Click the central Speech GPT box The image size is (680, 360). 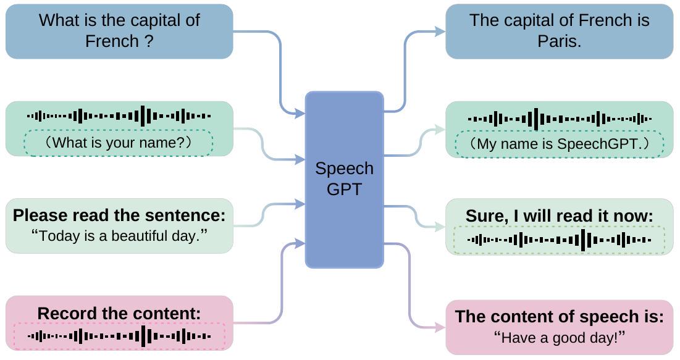click(x=344, y=179)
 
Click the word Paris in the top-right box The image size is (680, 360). click(x=559, y=42)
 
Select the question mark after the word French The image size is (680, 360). click(x=148, y=41)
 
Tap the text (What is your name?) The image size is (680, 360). click(x=119, y=143)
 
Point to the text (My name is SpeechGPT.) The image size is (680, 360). click(x=559, y=144)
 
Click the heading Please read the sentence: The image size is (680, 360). click(x=119, y=216)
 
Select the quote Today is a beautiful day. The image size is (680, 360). click(x=119, y=235)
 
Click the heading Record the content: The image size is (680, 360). click(x=119, y=314)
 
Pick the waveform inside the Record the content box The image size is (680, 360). click(x=119, y=337)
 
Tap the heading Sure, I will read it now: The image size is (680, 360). click(x=559, y=216)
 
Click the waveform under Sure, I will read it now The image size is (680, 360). click(x=559, y=240)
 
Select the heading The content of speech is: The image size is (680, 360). click(x=559, y=317)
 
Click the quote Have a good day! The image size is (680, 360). click(x=559, y=338)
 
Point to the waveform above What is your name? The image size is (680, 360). click(x=119, y=115)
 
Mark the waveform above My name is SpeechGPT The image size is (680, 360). click(x=559, y=119)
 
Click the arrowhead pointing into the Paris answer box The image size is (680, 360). click(x=440, y=31)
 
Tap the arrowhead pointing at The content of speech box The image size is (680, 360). click(x=440, y=328)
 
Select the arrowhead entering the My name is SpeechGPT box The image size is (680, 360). click(x=440, y=130)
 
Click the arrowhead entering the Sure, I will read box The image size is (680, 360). click(x=440, y=227)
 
